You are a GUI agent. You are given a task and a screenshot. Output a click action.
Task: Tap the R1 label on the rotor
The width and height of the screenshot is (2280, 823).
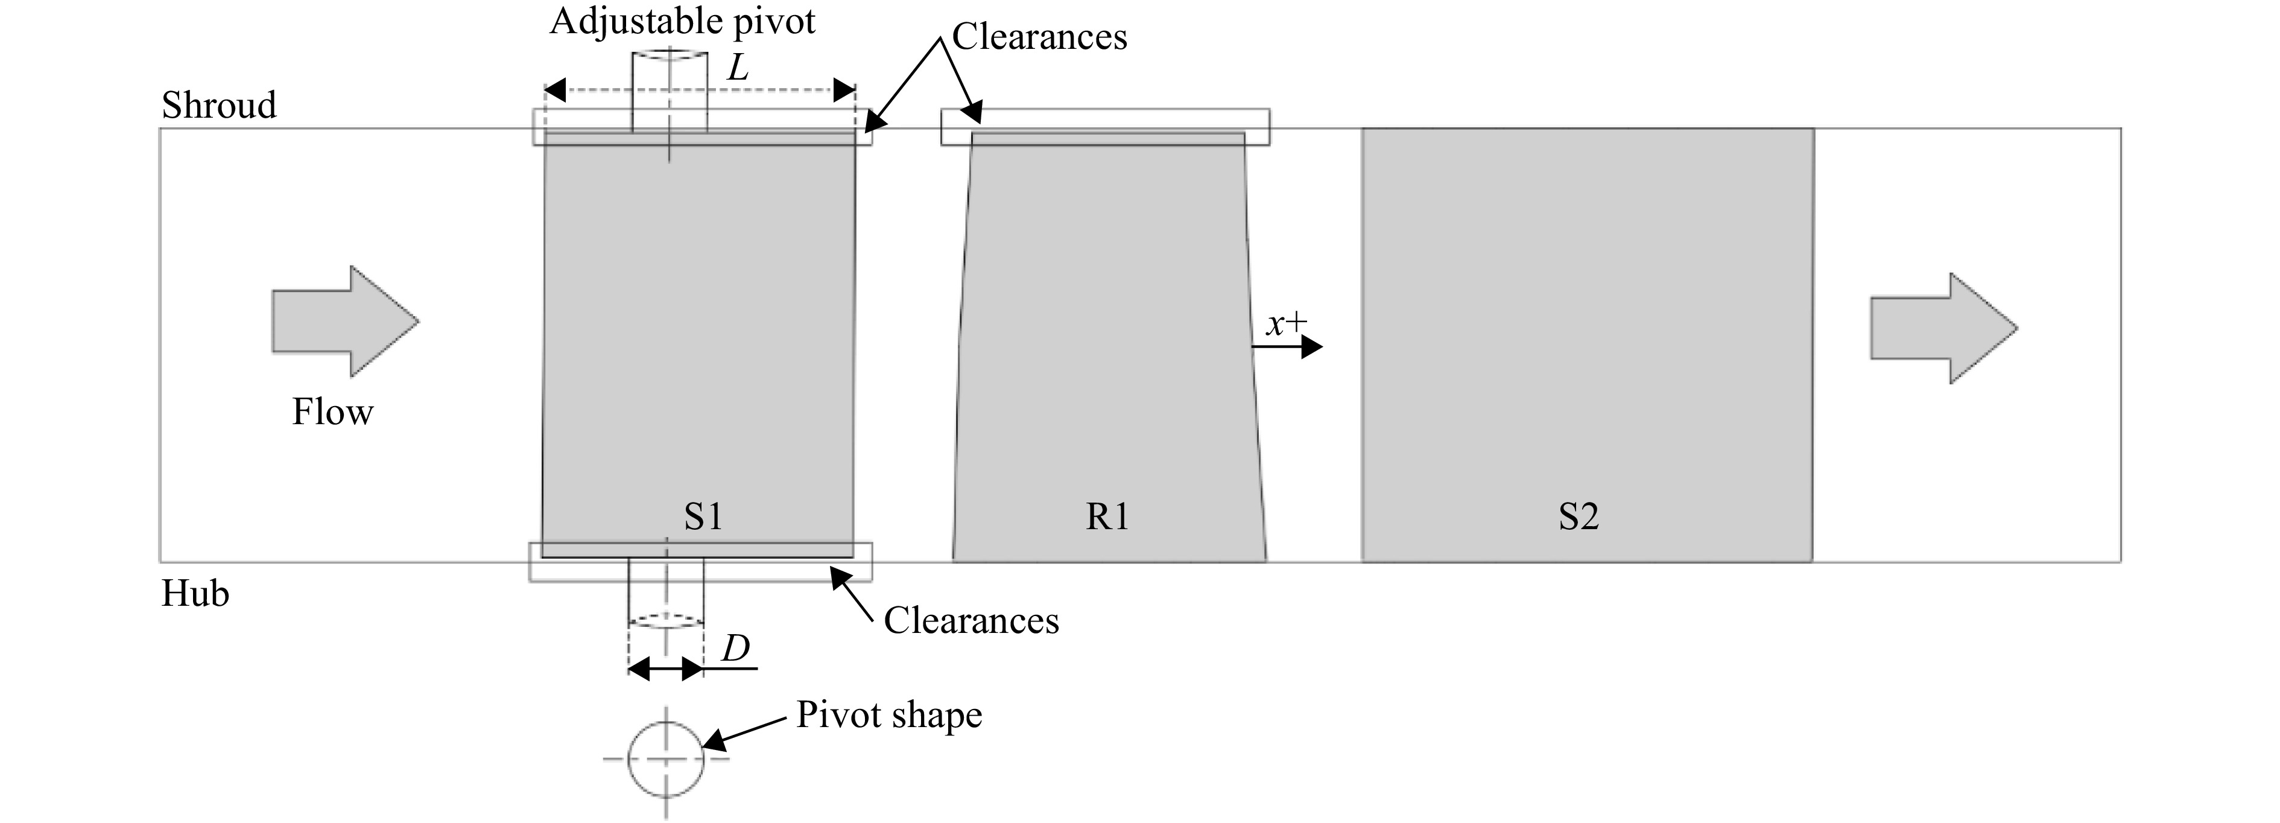(x=1107, y=516)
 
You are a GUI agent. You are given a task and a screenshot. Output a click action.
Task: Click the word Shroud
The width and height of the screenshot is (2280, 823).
(x=218, y=106)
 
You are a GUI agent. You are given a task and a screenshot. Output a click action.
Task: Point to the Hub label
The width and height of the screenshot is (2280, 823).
(x=195, y=593)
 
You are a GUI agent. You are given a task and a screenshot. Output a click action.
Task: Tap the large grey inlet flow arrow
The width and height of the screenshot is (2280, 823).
(x=344, y=320)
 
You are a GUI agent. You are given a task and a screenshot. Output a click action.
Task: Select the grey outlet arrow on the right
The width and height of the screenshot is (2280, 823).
(x=1943, y=328)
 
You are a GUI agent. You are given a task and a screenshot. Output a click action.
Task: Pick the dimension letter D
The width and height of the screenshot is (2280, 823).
(x=735, y=649)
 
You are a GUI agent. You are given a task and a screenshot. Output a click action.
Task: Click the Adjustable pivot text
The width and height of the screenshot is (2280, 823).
(x=682, y=21)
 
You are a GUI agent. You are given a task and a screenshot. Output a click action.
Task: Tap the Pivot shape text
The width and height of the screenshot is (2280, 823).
(x=888, y=715)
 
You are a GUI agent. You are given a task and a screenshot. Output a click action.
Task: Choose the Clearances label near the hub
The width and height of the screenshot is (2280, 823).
(x=971, y=620)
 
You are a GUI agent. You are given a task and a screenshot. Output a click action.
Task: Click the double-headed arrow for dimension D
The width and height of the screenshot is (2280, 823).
(x=665, y=669)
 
